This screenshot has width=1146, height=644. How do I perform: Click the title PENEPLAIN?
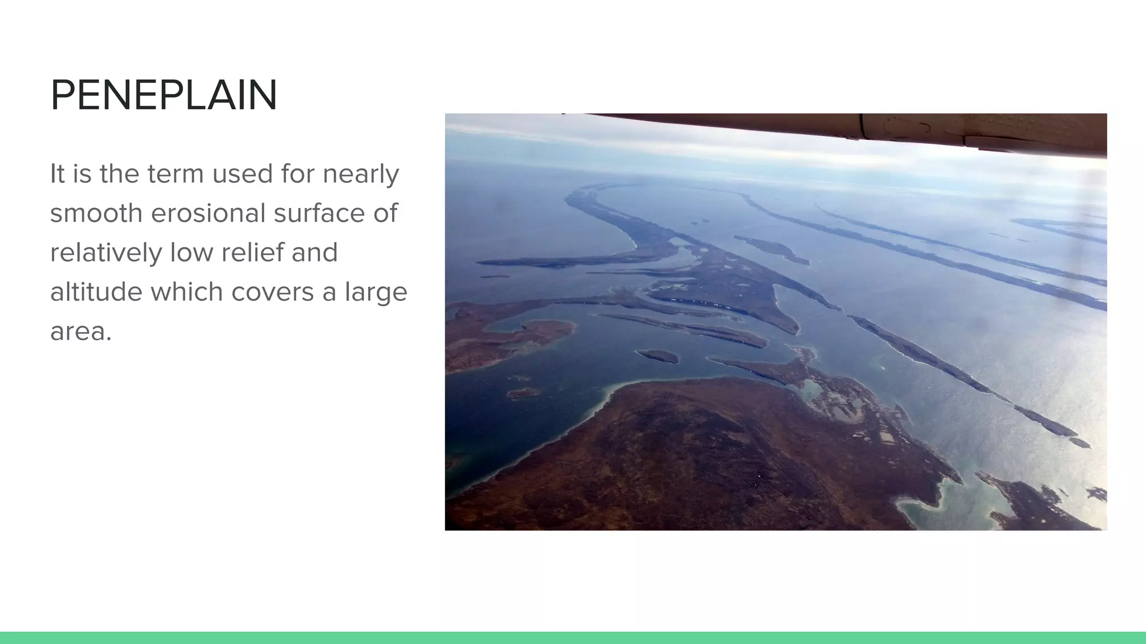163,96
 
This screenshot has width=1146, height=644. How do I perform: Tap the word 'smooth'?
96,213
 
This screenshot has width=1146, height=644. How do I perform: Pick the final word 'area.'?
81,332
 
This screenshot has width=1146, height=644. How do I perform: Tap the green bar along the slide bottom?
573,638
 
